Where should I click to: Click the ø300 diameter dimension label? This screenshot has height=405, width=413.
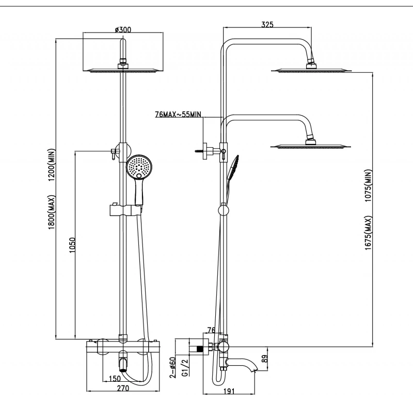coord(123,29)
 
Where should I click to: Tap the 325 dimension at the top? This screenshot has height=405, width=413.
coord(267,24)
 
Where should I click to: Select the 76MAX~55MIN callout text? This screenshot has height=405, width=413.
coord(178,114)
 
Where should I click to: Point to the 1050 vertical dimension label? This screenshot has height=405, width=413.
coord(72,245)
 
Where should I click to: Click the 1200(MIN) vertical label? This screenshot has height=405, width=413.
coord(52,165)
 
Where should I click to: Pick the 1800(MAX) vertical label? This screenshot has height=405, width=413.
coord(52,212)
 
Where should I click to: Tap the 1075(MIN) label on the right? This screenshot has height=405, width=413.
coord(368,185)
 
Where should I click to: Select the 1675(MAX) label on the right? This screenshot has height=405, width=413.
coord(368,233)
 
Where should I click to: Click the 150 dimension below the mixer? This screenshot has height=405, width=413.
coord(115,379)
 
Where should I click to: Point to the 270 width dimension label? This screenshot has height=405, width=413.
coord(123,388)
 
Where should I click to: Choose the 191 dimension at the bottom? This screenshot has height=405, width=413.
coord(229,391)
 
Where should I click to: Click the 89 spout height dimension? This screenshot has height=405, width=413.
coord(265,359)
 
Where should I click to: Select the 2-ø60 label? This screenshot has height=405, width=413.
coord(172,367)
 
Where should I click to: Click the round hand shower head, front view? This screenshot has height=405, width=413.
coord(139,167)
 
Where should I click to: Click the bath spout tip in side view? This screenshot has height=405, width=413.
coord(255,371)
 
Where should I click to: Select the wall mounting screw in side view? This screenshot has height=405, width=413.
coord(199,151)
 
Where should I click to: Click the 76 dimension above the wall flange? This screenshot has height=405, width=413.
coord(212,330)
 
